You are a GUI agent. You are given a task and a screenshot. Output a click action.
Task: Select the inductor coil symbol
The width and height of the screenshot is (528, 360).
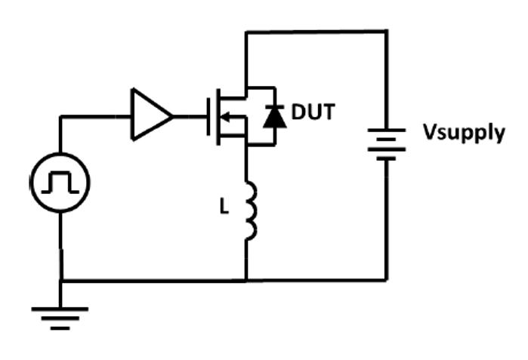(x=250, y=211)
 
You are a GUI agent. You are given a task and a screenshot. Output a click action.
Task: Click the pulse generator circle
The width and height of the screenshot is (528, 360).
(x=60, y=182)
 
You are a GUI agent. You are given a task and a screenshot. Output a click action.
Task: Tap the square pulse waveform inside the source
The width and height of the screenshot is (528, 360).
(x=60, y=182)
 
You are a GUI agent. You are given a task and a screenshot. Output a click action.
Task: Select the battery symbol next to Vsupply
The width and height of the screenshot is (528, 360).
(x=388, y=143)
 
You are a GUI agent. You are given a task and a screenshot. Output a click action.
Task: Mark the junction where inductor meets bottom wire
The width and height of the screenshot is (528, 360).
(x=247, y=281)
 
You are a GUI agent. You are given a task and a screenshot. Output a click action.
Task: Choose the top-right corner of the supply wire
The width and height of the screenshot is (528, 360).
(x=388, y=32)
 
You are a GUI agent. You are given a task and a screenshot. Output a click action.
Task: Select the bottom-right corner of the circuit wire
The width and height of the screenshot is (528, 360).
(x=388, y=281)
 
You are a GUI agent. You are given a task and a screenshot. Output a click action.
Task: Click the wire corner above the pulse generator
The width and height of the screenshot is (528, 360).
(x=60, y=116)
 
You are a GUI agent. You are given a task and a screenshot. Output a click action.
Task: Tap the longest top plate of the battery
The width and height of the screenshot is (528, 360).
(x=388, y=130)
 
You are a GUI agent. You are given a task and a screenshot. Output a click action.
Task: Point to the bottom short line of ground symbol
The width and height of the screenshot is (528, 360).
(x=60, y=328)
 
